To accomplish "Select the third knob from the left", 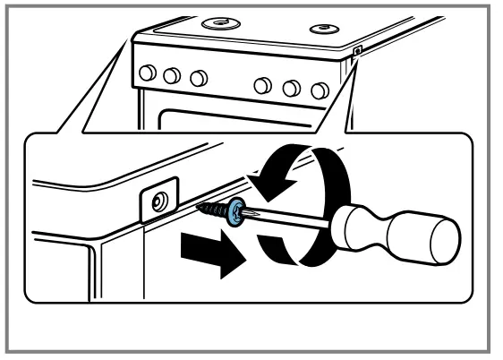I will click(200, 78).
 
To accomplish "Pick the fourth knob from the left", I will click(261, 85).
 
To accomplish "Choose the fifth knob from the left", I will click(291, 89).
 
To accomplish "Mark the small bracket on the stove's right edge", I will click(357, 53).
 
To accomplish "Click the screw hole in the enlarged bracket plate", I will click(158, 202).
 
